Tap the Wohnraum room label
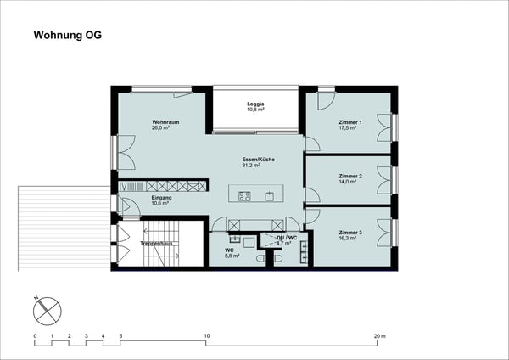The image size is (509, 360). [165, 122]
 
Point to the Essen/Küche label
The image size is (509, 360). [257, 160]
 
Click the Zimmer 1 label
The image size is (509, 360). [350, 122]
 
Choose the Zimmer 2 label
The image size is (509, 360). [350, 177]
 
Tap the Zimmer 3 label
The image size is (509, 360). [350, 232]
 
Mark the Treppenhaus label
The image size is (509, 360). [157, 244]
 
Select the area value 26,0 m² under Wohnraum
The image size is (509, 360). [164, 128]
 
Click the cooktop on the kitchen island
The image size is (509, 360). [244, 196]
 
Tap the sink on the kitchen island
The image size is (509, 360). [270, 196]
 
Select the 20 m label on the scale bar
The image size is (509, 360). [380, 337]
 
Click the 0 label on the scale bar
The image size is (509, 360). [35, 337]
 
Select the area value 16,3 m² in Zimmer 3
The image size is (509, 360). [350, 239]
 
